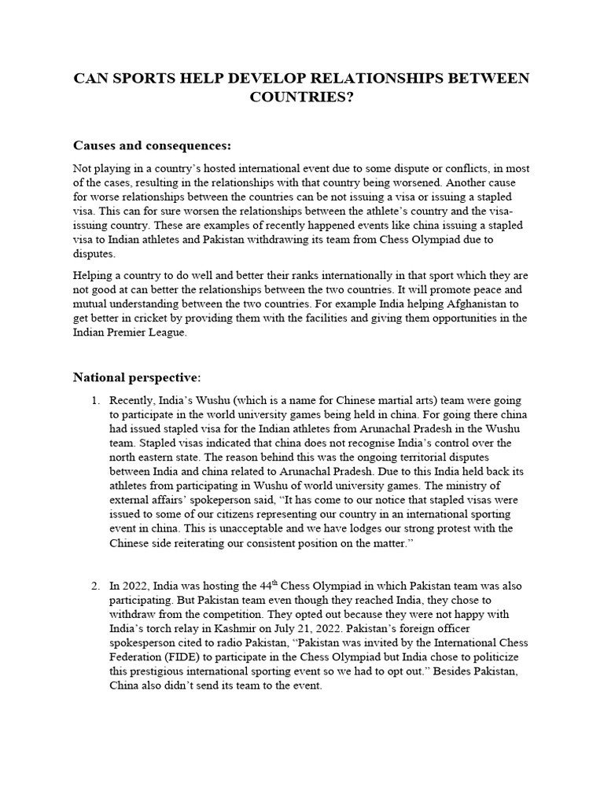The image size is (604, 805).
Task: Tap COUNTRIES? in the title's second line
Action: coord(301,97)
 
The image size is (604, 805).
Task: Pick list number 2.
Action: coord(96,586)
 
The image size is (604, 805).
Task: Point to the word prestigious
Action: coord(159,671)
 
